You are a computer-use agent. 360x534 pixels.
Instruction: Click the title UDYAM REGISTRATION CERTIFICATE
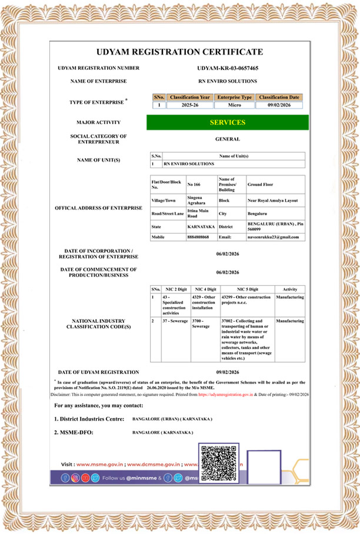[179, 52]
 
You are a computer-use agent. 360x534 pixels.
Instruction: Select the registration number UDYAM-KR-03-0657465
[228, 68]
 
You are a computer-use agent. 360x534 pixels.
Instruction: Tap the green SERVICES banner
[227, 122]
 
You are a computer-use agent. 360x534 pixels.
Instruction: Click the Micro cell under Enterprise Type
[234, 105]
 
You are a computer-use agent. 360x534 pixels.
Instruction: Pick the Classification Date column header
[279, 96]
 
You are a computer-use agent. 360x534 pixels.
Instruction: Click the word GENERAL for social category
[228, 139]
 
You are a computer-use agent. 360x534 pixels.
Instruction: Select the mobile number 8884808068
[197, 236]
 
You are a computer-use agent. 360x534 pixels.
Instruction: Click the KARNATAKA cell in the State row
[200, 226]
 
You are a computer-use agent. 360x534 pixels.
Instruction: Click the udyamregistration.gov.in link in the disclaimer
[225, 395]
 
